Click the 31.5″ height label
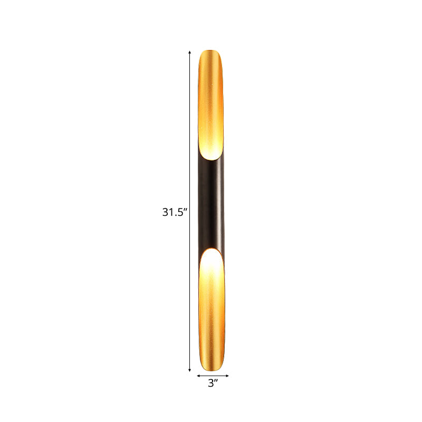(x=175, y=213)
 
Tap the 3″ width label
(x=213, y=384)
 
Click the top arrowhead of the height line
(x=190, y=52)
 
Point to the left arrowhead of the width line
(x=199, y=376)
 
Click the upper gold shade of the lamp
(x=213, y=95)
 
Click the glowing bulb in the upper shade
(x=212, y=150)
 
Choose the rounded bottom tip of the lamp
(x=213, y=370)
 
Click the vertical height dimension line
(x=190, y=132)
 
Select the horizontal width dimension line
(x=213, y=376)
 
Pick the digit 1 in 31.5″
(x=171, y=213)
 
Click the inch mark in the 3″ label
(x=217, y=381)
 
